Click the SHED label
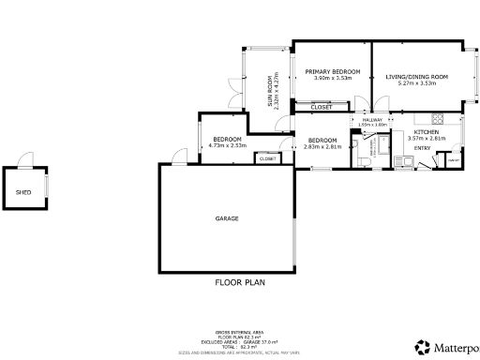(x=23, y=193)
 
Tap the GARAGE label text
(x=227, y=218)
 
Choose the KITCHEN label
(x=426, y=132)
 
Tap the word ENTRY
(x=422, y=148)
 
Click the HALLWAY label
(x=371, y=120)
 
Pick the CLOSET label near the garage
(x=267, y=158)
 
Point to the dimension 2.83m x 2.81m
(x=322, y=146)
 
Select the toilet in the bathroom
(x=362, y=160)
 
